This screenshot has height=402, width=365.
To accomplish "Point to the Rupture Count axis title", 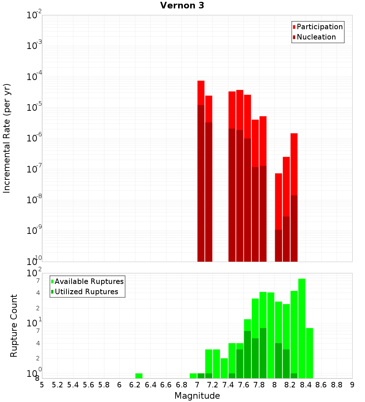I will [14, 326].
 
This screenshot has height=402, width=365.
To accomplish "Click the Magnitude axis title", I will [197, 396].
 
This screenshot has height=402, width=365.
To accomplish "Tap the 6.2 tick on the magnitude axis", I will [135, 385].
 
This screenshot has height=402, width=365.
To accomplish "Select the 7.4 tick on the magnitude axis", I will [228, 385].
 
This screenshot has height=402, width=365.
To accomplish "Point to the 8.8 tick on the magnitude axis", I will [337, 385].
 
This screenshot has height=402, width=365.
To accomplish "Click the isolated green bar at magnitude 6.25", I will [139, 376].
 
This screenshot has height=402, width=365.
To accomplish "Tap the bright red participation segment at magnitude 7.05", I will [201, 92].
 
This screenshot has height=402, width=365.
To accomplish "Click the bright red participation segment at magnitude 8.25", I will [294, 164].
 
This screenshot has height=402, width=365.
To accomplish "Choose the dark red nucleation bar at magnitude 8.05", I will [278, 246].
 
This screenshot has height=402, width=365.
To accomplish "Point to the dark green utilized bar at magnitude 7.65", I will [247, 354].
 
